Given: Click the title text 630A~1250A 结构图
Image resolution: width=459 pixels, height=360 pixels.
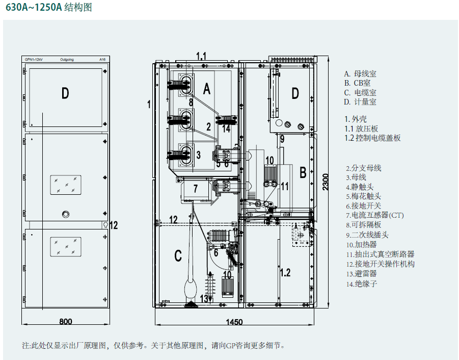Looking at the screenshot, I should pos(48,9).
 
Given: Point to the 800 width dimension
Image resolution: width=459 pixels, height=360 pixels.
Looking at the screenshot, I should pos(65,322).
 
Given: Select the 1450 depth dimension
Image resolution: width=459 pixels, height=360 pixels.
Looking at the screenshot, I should pos(233,322).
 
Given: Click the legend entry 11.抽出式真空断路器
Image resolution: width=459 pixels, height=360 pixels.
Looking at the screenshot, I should pos(380,254).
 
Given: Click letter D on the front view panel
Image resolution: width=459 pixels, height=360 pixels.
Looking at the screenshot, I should pos(65,93).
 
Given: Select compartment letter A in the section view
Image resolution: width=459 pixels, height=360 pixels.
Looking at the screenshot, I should pos(206,90).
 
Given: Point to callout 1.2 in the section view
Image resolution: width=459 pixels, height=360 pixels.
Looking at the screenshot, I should pos(285,272).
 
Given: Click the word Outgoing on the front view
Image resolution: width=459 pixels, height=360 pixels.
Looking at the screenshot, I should pos(67,60).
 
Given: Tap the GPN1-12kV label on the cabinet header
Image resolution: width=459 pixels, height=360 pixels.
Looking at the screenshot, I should pos(34,60).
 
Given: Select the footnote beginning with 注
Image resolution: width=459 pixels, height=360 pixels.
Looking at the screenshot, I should pos(153,345).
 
